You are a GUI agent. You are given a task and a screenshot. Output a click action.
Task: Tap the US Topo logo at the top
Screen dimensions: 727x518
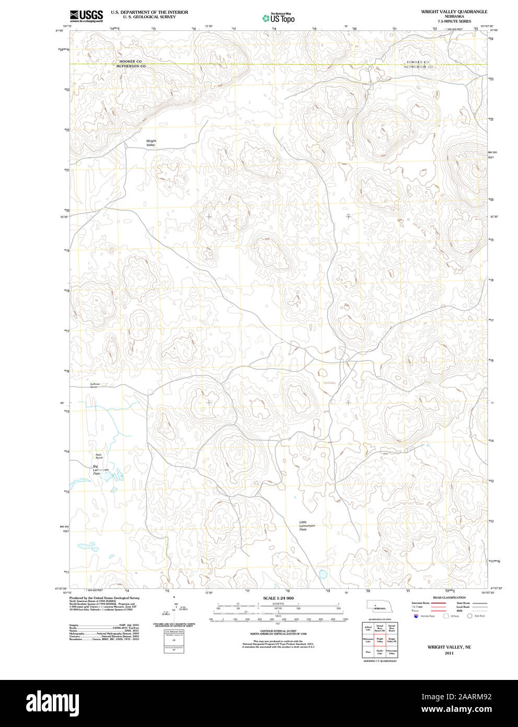coord(279,18)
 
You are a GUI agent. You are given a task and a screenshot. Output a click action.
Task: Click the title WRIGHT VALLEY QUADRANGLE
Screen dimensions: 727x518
coord(454,12)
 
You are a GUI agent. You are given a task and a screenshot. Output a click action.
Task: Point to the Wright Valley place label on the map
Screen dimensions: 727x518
coord(151,143)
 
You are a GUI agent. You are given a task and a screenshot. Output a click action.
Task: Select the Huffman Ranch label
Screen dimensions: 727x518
coord(94,385)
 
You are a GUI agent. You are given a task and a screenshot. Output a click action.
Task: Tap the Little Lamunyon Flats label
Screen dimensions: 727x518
coord(303,526)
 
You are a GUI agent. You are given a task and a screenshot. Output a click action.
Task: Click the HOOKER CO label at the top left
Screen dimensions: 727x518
coord(130,62)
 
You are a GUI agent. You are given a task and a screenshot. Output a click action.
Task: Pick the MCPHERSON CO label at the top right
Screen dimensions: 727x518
coord(418,67)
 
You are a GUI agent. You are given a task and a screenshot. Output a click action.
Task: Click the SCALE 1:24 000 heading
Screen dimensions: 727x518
coord(278,598)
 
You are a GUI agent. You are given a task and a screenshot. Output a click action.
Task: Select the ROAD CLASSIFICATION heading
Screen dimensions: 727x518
coord(449,597)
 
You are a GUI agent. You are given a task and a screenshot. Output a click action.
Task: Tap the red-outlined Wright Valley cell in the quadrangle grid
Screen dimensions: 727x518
coord(380,640)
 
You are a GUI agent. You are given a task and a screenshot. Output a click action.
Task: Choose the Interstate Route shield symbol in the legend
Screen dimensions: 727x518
coord(416,616)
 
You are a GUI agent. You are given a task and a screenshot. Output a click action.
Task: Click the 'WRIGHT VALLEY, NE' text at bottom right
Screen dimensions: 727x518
coord(449,647)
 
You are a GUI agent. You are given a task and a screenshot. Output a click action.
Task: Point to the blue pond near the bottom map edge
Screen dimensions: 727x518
coord(323,574)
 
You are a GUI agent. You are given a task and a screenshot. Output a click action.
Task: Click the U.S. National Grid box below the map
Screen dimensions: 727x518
coord(174,641)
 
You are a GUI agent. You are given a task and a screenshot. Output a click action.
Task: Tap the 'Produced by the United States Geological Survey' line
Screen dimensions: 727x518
coord(104,598)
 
